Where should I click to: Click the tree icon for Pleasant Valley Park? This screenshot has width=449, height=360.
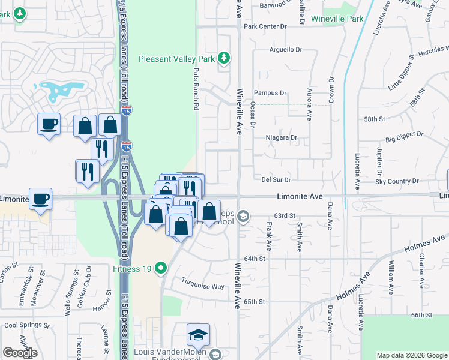(224, 58)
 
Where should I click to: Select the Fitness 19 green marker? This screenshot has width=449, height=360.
(160, 268)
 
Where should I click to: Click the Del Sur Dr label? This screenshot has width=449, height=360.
(276, 179)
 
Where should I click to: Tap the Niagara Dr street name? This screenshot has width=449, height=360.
(282, 137)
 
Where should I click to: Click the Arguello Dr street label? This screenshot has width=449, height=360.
(285, 49)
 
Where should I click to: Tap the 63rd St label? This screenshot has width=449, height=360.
(285, 215)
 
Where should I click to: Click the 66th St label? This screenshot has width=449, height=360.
(421, 315)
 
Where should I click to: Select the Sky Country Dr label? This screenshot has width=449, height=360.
(397, 181)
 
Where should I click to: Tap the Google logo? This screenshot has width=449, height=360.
(19, 353)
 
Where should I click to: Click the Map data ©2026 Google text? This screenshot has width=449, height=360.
(411, 355)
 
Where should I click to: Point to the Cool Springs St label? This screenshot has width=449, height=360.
(27, 325)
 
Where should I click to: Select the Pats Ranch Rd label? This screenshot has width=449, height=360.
(196, 89)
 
